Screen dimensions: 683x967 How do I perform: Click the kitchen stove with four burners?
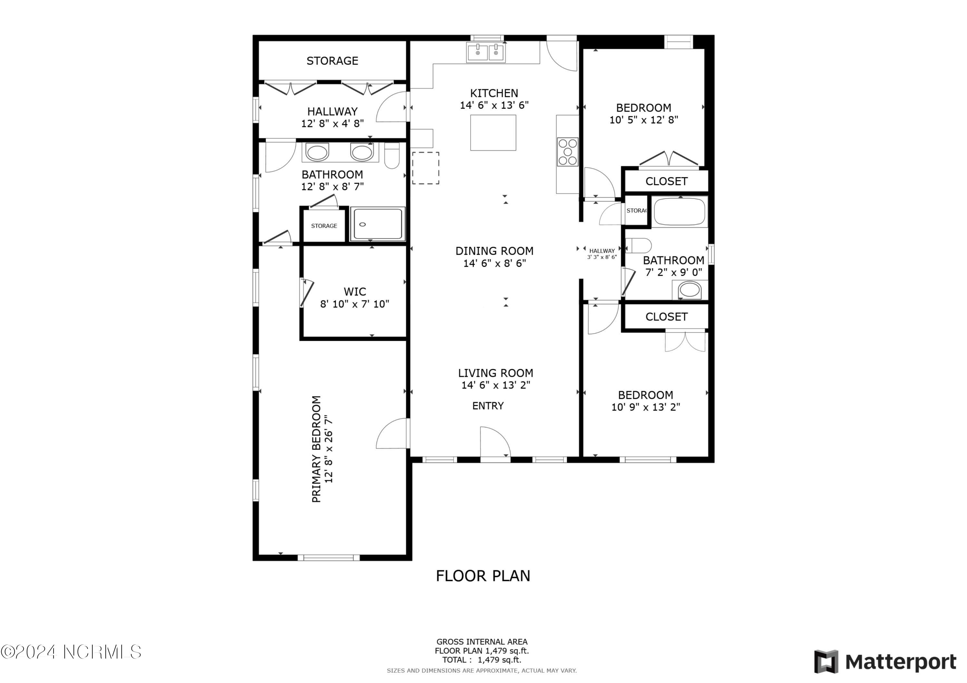click(x=567, y=152)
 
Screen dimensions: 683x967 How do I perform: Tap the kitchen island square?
click(x=493, y=133)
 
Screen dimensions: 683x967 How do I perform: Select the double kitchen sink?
click(x=486, y=53)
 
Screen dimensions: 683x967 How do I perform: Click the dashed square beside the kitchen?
click(x=425, y=168)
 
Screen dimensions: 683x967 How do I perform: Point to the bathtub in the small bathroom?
click(x=679, y=212)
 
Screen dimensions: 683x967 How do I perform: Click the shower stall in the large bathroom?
click(x=377, y=224)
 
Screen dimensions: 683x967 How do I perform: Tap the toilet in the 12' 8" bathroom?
click(x=392, y=156)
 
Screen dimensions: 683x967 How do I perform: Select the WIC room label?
click(x=355, y=292)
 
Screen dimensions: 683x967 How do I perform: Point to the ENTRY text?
click(x=488, y=406)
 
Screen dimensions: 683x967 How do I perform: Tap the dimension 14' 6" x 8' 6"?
click(x=494, y=263)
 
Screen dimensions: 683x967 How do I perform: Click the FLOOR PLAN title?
click(x=483, y=576)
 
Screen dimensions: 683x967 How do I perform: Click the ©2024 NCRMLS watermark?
click(x=71, y=652)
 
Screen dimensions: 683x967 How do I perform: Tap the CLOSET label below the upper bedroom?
click(x=666, y=181)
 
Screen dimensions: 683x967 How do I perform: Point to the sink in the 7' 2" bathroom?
click(x=689, y=290)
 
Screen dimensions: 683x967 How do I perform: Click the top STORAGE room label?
click(x=332, y=61)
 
